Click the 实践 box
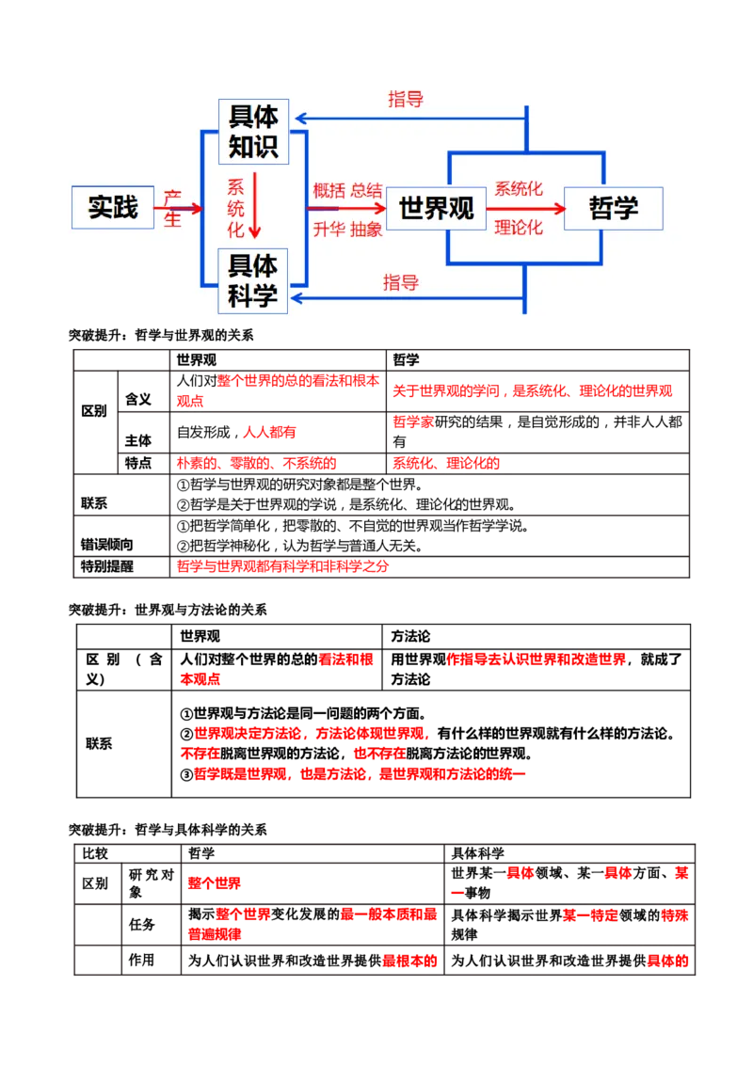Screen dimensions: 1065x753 click(113, 207)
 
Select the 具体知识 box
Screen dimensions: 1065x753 click(253, 132)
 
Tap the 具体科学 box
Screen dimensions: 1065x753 click(253, 281)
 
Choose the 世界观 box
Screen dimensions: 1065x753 click(437, 208)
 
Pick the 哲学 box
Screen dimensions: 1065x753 click(614, 208)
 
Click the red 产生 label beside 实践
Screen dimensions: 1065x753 click(172, 208)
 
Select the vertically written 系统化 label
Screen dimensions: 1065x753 click(235, 208)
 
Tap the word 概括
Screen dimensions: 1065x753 click(329, 189)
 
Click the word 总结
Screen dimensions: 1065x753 click(367, 189)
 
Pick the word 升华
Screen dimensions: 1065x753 click(329, 229)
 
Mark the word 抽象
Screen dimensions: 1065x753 click(367, 229)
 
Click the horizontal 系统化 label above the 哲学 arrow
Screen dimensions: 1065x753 click(519, 189)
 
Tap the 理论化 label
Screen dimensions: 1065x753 click(519, 228)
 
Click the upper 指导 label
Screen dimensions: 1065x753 click(406, 100)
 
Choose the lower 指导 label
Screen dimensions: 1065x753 click(401, 282)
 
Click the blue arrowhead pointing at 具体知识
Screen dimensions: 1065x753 click(299, 119)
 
